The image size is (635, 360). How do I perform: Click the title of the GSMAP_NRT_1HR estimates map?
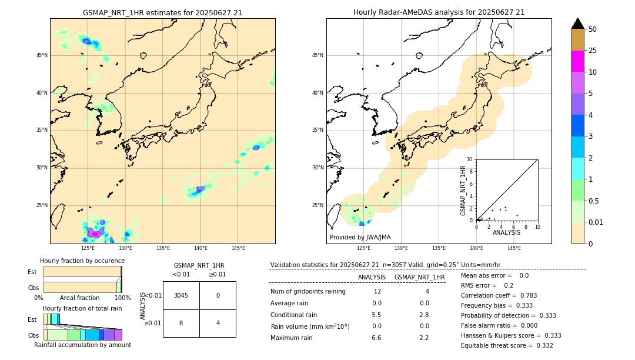(x=162, y=12)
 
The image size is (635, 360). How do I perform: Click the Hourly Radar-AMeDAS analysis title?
(x=439, y=12)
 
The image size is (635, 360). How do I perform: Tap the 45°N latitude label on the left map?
(x=42, y=55)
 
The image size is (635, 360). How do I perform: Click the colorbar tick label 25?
(x=593, y=51)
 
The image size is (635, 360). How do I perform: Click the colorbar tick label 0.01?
(x=596, y=222)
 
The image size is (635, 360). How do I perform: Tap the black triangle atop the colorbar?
(x=578, y=24)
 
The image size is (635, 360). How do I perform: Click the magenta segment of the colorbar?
(x=578, y=61)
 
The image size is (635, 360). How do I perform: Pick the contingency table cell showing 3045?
(x=181, y=295)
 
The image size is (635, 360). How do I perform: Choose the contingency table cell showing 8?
(x=181, y=323)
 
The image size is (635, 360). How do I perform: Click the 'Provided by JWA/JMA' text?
(x=360, y=238)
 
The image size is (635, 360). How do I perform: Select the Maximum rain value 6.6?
(x=376, y=338)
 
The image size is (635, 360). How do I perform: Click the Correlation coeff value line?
(x=499, y=295)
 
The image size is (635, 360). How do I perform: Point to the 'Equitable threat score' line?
(x=507, y=345)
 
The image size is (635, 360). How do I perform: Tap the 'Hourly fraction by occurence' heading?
(x=82, y=261)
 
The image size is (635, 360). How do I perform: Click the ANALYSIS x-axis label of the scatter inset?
(x=506, y=233)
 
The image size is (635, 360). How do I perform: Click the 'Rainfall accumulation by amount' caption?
(x=83, y=345)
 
